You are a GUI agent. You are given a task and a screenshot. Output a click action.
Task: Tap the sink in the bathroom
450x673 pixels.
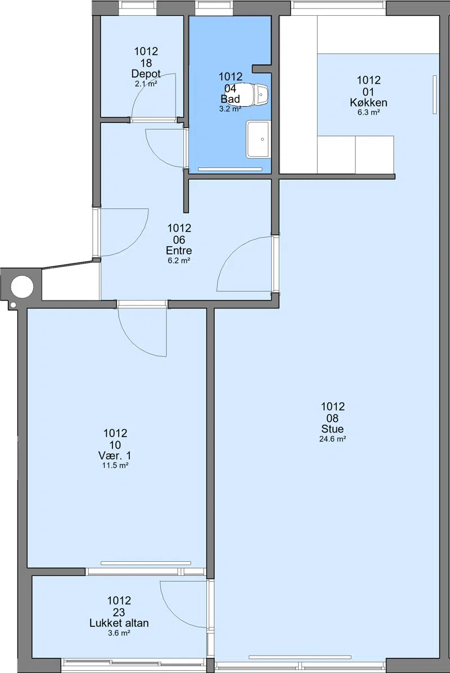tap(258, 139)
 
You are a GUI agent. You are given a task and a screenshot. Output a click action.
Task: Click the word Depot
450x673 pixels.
tap(146, 74)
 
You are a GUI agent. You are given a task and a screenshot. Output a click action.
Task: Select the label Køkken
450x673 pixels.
tap(368, 103)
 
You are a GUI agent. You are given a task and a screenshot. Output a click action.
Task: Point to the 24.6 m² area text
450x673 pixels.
tap(332, 439)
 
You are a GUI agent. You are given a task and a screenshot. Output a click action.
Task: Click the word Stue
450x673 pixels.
tap(332, 429)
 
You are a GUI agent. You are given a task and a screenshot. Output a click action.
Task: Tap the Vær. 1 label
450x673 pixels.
tap(115, 456)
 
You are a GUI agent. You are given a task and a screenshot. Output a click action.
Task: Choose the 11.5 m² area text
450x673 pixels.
tap(115, 466)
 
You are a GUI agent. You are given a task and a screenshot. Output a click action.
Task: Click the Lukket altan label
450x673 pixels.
tap(119, 623)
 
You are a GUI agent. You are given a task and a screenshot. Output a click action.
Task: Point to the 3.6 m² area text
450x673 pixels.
tap(119, 633)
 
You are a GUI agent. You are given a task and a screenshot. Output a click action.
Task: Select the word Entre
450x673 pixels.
tap(179, 250)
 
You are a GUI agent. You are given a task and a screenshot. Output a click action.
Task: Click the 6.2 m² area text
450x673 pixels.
tap(179, 261)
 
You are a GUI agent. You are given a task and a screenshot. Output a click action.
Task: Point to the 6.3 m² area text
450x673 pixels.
tap(368, 113)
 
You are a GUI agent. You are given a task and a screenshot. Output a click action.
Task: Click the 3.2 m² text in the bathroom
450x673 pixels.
tap(230, 109)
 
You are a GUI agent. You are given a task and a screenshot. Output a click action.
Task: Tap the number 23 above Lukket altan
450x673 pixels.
tap(119, 612)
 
